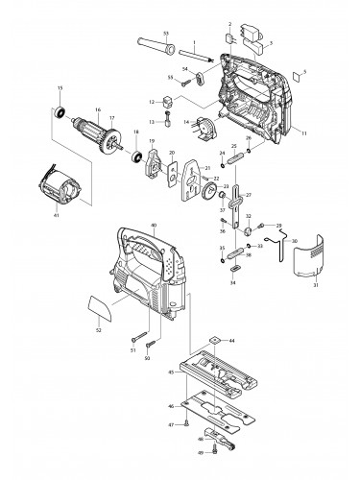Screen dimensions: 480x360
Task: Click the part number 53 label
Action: coord(167,34)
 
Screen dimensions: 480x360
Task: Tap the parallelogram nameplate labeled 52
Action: coord(98,309)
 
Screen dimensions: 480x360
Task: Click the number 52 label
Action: coord(99,331)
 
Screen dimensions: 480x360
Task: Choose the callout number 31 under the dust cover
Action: coord(315,282)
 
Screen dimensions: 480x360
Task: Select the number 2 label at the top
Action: coord(230,21)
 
